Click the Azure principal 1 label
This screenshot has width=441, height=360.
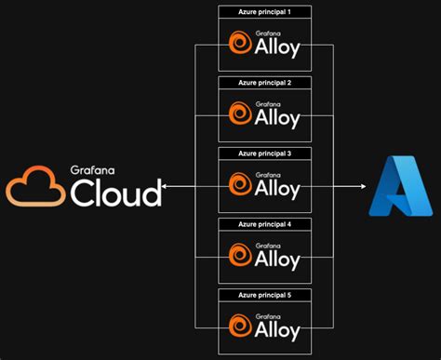point(265,10)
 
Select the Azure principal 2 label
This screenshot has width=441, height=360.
point(265,82)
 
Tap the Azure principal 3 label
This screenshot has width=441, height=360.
point(265,153)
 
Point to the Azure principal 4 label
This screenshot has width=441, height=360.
point(265,223)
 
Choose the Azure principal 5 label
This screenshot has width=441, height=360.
point(265,294)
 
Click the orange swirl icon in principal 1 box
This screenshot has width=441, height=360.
point(239,44)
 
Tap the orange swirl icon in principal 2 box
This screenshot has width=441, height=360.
point(239,114)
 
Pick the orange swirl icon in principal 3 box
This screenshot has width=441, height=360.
point(239,185)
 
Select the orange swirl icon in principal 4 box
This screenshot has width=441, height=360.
point(239,256)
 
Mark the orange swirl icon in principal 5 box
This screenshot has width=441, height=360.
point(239,327)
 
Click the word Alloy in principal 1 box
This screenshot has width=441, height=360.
point(277,48)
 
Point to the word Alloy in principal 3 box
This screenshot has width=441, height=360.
point(277,190)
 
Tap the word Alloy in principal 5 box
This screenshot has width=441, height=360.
point(277,331)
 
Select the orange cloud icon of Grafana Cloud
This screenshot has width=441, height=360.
point(35,185)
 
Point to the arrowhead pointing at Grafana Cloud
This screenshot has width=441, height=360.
point(165,186)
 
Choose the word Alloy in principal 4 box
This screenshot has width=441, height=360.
point(277,260)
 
